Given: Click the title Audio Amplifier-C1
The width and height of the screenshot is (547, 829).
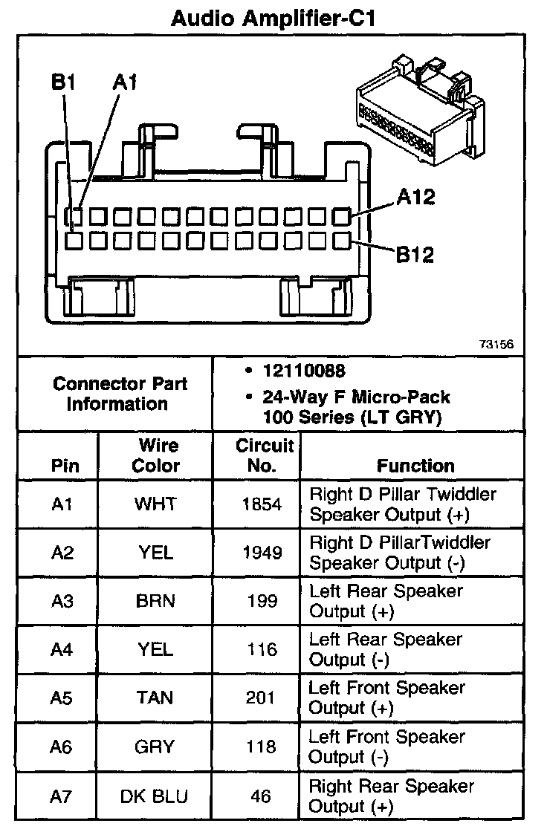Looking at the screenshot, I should click(273, 18).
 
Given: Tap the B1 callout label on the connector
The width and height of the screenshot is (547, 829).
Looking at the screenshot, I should click(63, 82).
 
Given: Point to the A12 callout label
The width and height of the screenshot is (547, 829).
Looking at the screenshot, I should click(415, 198).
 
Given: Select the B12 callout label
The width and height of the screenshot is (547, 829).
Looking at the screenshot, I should click(414, 255).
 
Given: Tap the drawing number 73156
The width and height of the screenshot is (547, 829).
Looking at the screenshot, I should click(496, 345).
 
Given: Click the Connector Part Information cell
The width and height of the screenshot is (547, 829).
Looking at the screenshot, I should click(120, 394).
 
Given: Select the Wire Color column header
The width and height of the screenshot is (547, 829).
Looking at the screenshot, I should click(155, 455).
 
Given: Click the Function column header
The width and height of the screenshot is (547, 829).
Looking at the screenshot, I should click(415, 466).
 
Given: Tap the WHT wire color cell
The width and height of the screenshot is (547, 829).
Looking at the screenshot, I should click(155, 504).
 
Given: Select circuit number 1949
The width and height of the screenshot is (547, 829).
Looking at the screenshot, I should click(262, 552).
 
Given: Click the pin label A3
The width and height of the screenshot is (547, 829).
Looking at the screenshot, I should click(62, 601).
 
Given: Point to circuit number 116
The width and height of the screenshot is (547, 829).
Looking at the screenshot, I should click(262, 649).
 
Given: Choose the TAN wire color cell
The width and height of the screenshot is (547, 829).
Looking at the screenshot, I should click(155, 698).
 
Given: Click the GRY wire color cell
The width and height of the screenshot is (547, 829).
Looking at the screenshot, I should click(155, 747).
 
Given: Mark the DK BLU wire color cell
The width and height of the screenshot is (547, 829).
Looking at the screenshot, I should click(155, 796).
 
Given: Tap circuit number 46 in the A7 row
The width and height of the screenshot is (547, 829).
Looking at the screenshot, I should click(262, 796).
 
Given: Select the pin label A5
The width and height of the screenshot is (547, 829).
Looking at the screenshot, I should click(62, 698).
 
